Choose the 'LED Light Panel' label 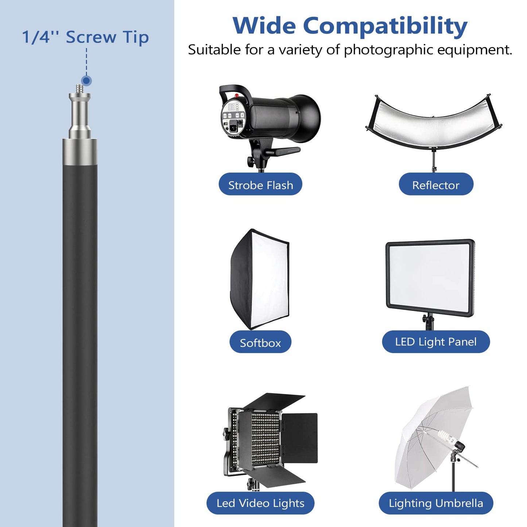click(x=436, y=342)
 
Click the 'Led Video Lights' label click(x=260, y=503)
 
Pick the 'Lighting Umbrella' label click(x=436, y=503)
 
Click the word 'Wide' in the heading click(x=264, y=26)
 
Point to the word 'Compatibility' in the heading click(x=385, y=27)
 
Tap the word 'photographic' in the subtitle click(x=389, y=50)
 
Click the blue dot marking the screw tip click(x=87, y=81)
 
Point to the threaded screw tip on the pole click(x=80, y=89)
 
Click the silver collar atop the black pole click(x=80, y=151)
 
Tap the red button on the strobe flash click(x=237, y=96)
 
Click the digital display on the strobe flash click(x=231, y=106)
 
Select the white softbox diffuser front click(x=270, y=279)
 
